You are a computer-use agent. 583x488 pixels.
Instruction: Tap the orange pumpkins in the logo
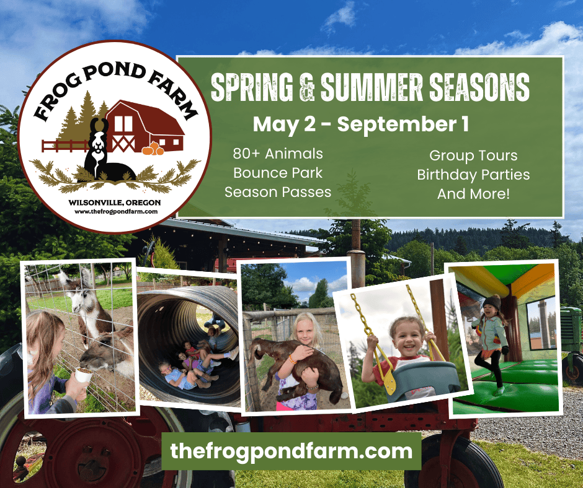[153, 149]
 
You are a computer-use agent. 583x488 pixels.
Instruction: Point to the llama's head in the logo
[98, 136]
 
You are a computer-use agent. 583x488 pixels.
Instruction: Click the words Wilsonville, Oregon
[115, 203]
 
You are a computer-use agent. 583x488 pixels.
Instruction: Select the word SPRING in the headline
[252, 87]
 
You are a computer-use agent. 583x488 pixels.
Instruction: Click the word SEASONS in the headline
[479, 87]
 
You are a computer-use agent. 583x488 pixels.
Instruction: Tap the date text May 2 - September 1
[361, 124]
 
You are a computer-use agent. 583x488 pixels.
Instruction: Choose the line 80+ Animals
[278, 154]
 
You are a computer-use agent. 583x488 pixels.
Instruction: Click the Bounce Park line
[278, 173]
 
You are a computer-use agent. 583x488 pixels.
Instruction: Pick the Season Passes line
[278, 193]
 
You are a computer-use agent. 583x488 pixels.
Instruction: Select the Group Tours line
[473, 155]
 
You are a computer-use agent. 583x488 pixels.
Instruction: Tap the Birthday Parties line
[473, 175]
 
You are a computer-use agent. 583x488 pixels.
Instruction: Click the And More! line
[473, 194]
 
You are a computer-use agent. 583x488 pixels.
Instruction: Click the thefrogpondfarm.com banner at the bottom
[291, 451]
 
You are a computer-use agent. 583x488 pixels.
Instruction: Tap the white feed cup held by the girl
[84, 376]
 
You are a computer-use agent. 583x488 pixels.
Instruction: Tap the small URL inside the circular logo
[116, 212]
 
